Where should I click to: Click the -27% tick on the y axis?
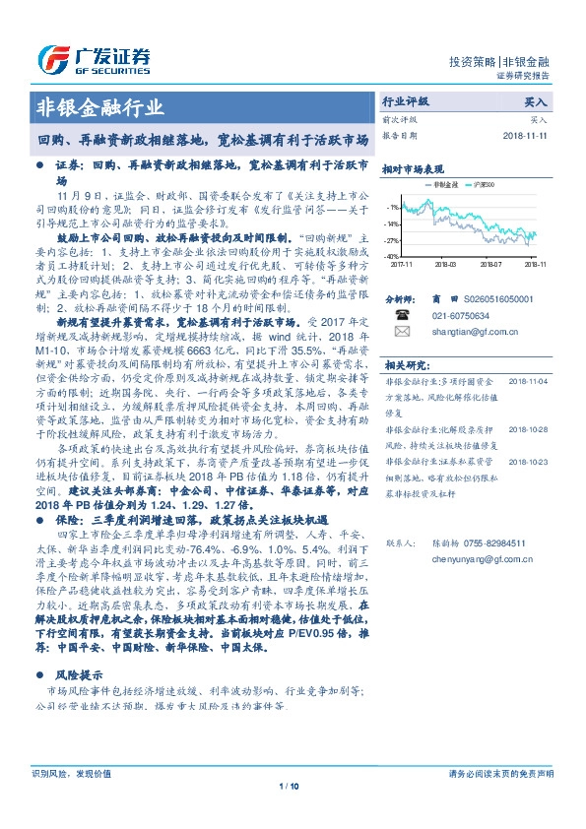pos(392,240)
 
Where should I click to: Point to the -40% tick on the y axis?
pos(392,256)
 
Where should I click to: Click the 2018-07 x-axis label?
pos(491,264)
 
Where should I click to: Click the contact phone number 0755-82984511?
pos(486,542)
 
